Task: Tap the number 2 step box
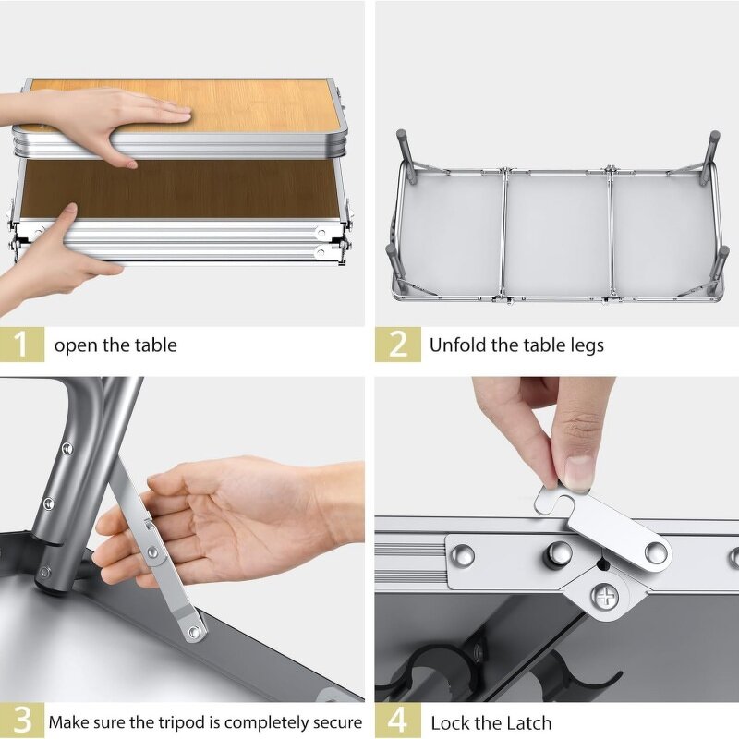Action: coord(397,345)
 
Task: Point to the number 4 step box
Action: coord(397,721)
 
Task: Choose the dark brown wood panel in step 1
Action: coord(176,189)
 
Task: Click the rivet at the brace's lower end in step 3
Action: coord(194,632)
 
